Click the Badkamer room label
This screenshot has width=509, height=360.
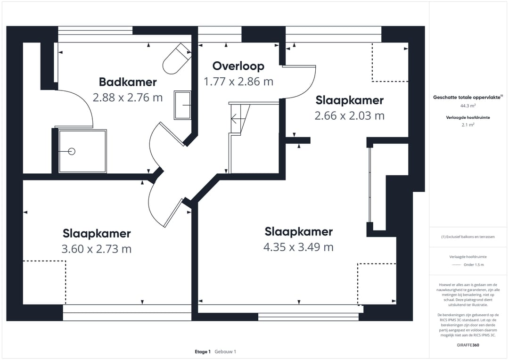[x=128, y=82]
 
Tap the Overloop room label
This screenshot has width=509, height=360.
[x=238, y=66]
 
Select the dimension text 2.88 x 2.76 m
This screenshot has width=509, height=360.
[x=128, y=98]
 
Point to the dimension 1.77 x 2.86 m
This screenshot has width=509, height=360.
[x=238, y=82]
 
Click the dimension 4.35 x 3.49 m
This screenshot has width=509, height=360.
[x=298, y=247]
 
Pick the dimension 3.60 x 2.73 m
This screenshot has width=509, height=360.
[x=97, y=249]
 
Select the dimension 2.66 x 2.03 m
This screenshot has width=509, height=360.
[x=350, y=115]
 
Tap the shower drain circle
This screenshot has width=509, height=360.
[x=72, y=151]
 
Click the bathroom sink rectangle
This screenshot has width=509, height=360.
[x=182, y=105]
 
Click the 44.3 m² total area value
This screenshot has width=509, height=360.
[x=468, y=106]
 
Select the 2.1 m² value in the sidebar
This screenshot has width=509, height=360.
[x=468, y=125]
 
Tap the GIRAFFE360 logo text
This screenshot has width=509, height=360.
[x=468, y=345]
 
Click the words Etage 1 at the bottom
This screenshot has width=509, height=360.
[x=203, y=352]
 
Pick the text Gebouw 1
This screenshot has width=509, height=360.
[x=225, y=352]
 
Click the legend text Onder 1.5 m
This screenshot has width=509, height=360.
[x=474, y=264]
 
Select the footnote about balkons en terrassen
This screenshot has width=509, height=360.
[x=468, y=237]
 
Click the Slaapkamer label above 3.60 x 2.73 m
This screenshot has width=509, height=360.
[x=97, y=233]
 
